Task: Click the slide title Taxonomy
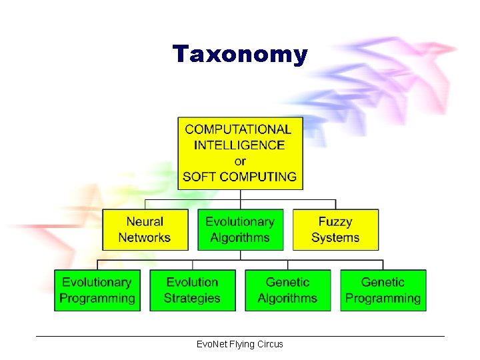240,54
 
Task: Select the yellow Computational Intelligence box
240,153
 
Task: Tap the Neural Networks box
145,230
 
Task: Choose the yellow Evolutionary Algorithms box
240,230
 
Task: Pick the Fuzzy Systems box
335,230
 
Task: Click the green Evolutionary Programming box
97,290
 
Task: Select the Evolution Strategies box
192,290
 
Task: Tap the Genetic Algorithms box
287,290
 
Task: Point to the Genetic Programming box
383,290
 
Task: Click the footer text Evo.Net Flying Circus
240,344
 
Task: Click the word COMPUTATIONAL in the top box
238,129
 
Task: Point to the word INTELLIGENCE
239,145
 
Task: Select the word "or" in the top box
240,161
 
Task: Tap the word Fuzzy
335,222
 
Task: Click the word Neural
145,222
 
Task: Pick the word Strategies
192,299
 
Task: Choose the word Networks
145,238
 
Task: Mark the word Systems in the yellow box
335,238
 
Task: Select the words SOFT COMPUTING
239,177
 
